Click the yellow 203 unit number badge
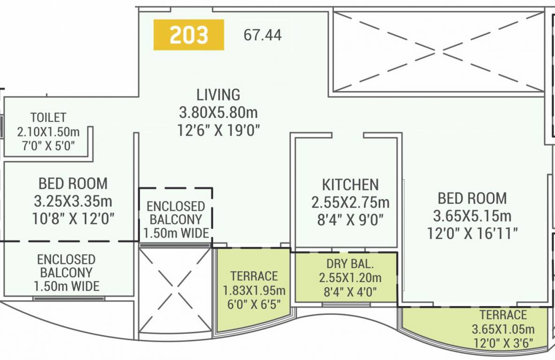pos(188,35)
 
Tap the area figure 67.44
pos(262,35)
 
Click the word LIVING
pos(218,95)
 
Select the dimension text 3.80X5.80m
pos(218,112)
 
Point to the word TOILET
pos(48,117)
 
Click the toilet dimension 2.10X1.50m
pos(48,131)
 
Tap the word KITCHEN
pos(350,184)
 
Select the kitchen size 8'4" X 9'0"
pos(350,219)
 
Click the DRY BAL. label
pos(350,264)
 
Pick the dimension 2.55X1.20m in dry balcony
pos(350,278)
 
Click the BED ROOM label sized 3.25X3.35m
pos(73,183)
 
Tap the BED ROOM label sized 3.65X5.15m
pos(472,198)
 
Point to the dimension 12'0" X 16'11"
pos(472,233)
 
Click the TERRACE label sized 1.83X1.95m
pos(254,276)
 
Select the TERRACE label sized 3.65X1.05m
pos(503,315)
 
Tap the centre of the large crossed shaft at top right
pos(438,52)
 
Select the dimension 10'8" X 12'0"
pos(73,218)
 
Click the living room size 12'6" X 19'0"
pos(218,130)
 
